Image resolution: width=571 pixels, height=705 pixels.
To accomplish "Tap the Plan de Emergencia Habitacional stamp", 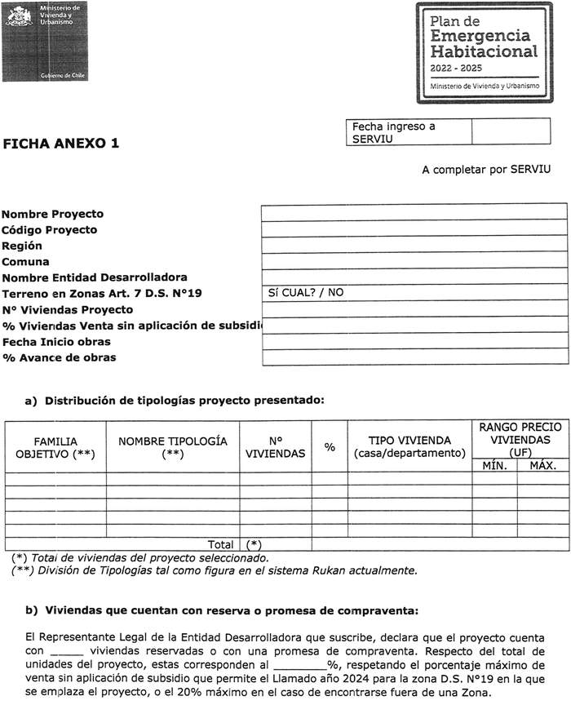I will pyautogui.click(x=489, y=52).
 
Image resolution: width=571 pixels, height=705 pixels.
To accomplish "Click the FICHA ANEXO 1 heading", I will pyautogui.click(x=61, y=144).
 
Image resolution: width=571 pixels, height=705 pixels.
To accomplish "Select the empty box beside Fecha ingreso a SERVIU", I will pyautogui.click(x=519, y=133).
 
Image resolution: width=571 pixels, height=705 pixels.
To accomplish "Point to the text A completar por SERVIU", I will pyautogui.click(x=486, y=170).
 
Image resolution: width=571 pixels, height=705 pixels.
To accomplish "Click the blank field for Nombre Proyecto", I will pyautogui.click(x=414, y=213).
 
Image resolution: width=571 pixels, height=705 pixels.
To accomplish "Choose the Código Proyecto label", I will pyautogui.click(x=50, y=230).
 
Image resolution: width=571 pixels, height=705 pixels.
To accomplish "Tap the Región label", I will pyautogui.click(x=22, y=246).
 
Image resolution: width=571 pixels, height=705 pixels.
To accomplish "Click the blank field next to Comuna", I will pyautogui.click(x=414, y=260).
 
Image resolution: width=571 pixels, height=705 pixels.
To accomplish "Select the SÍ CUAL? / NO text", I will pyautogui.click(x=306, y=292).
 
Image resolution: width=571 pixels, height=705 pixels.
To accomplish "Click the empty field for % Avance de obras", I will pyautogui.click(x=414, y=357).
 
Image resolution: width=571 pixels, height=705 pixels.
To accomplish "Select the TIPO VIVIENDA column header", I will pyautogui.click(x=409, y=446).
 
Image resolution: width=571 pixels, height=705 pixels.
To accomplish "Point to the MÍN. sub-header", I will pyautogui.click(x=494, y=466).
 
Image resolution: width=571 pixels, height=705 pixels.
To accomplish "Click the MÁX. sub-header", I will pyautogui.click(x=542, y=466).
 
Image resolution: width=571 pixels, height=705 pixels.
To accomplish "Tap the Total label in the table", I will pyautogui.click(x=220, y=543).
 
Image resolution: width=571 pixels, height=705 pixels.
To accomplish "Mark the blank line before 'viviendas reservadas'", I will pyautogui.click(x=67, y=651).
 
